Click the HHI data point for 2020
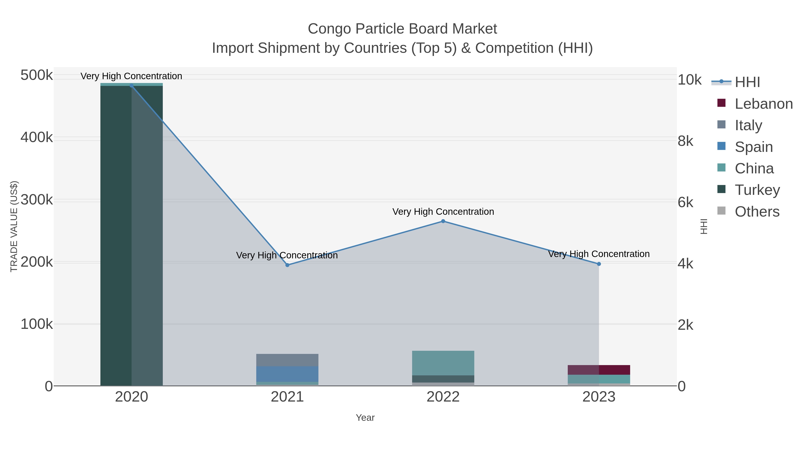[131, 85]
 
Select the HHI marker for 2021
[287, 265]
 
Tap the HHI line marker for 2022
[443, 221]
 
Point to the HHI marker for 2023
[599, 264]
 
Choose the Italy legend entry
[748, 125]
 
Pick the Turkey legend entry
[757, 190]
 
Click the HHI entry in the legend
[747, 82]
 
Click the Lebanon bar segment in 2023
[599, 370]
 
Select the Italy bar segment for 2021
[287, 360]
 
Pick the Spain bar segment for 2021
[287, 374]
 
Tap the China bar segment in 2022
[443, 363]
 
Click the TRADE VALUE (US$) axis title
[14, 226]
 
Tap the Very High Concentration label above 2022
[443, 212]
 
